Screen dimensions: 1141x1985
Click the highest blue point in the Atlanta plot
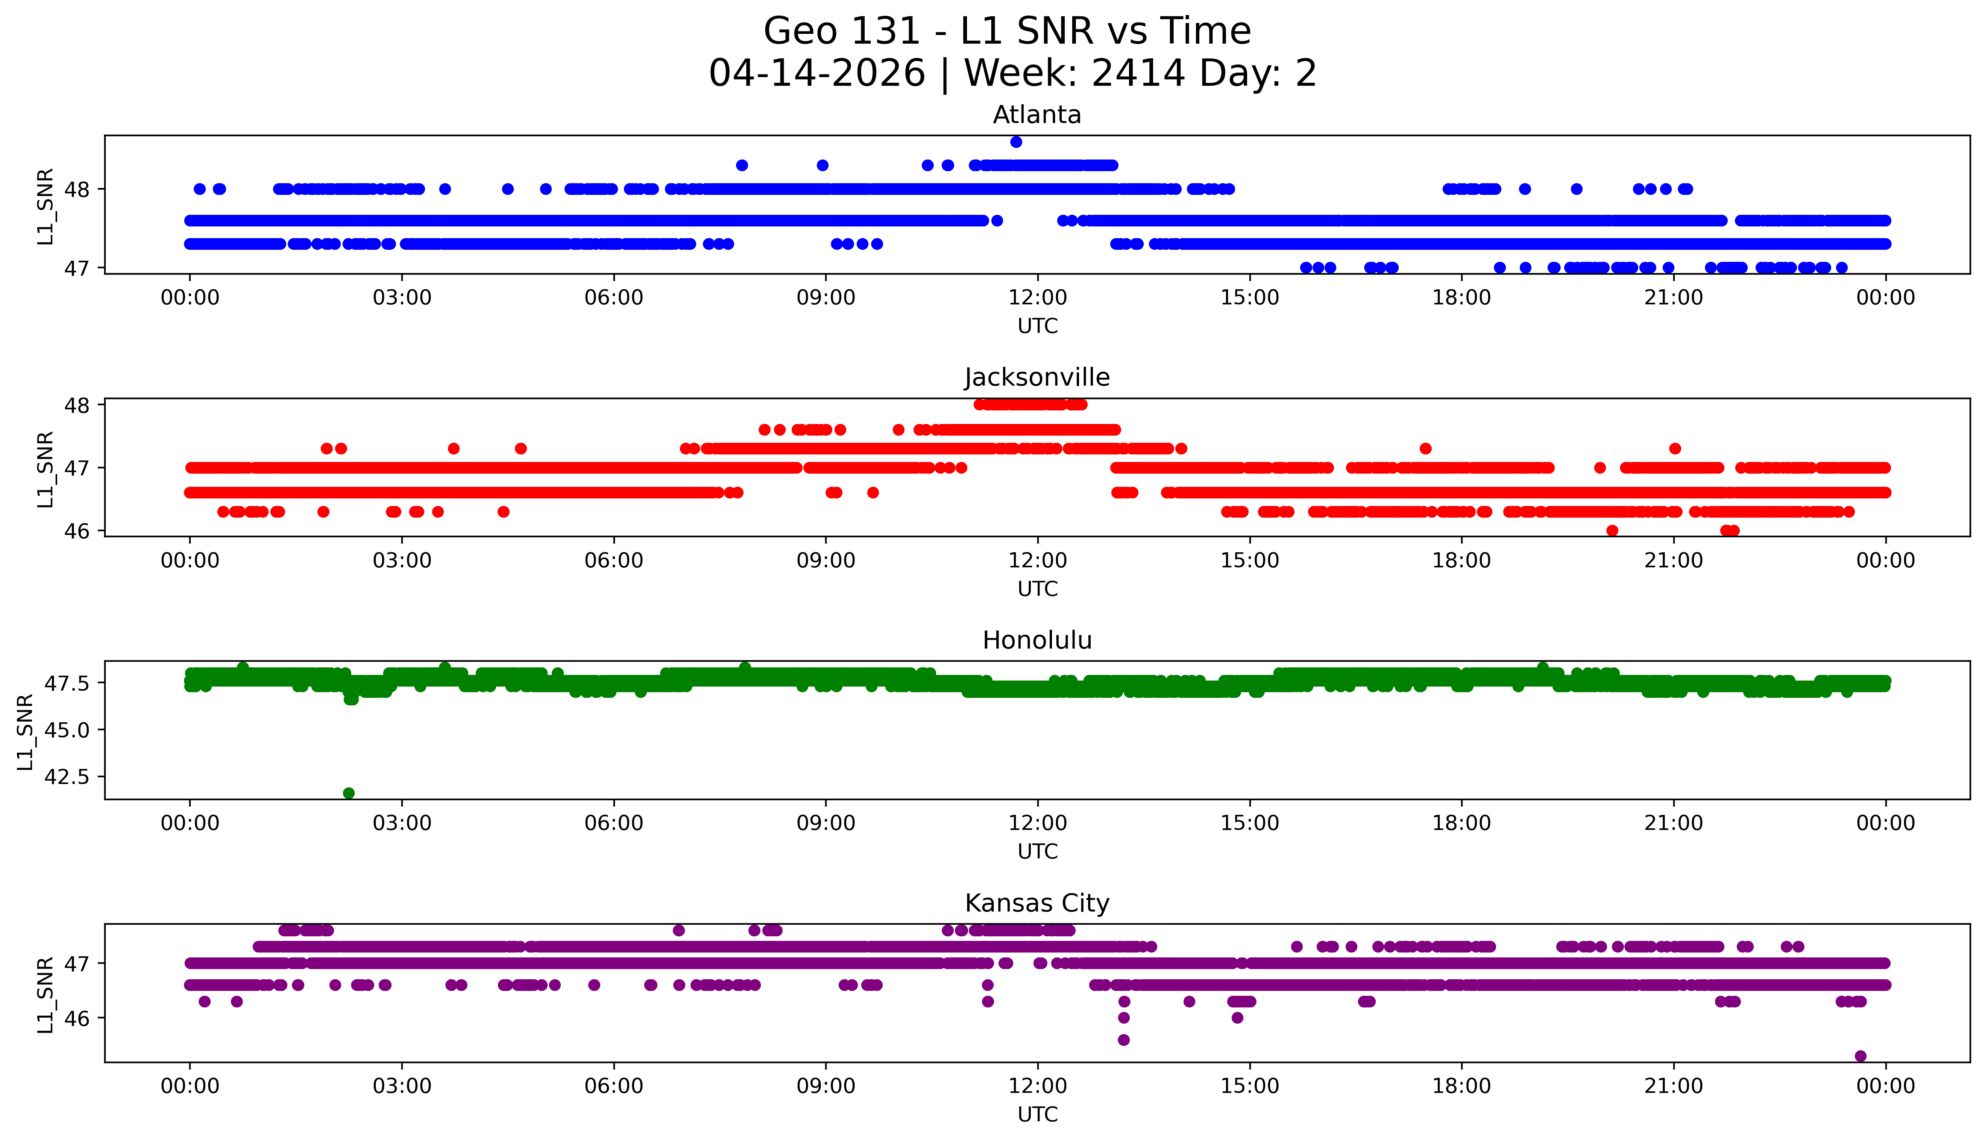pos(1016,142)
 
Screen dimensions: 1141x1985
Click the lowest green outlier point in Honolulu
pos(349,793)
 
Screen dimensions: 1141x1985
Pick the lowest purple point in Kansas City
pos(1861,1056)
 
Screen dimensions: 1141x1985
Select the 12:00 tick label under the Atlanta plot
pos(1037,298)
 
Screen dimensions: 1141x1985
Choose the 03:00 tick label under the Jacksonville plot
pos(402,560)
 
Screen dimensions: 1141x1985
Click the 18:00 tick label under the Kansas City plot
pos(1462,1086)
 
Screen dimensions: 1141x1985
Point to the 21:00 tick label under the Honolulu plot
pos(1673,823)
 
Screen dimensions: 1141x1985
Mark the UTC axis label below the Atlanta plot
pos(1037,326)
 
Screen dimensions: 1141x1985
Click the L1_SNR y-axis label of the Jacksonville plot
pos(45,469)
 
